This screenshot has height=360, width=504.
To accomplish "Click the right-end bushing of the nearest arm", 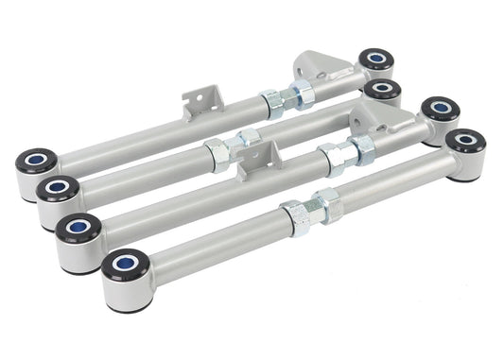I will point(464,144).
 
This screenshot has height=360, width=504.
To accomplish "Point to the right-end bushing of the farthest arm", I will point(375,60).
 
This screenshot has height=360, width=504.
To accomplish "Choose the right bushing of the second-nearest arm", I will point(439,111).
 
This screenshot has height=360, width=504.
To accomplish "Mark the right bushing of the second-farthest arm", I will point(382,92).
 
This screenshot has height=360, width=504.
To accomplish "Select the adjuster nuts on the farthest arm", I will point(283,97).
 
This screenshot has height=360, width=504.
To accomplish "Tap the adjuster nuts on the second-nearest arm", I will point(346,152).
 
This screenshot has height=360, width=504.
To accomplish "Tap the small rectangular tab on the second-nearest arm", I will point(253,160).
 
